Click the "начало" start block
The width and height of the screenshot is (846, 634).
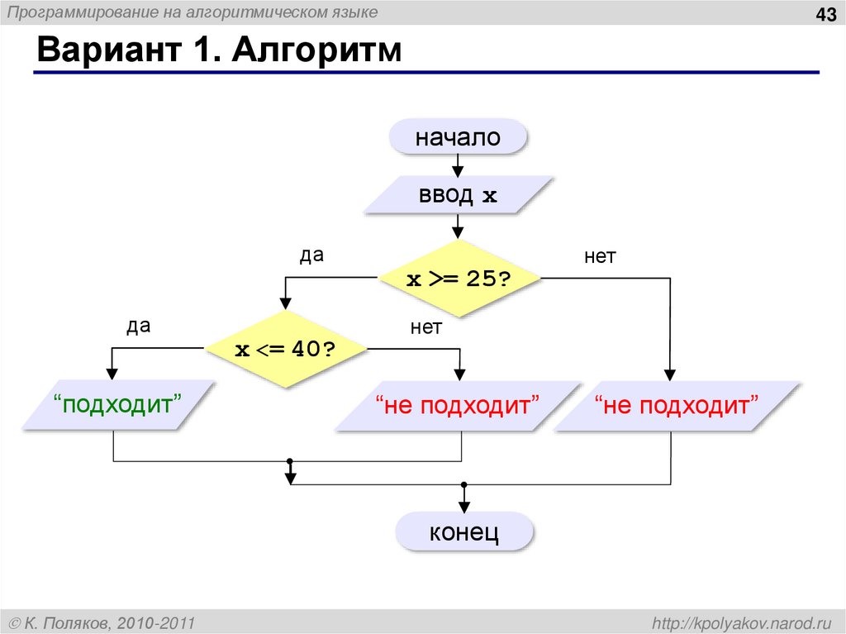458,137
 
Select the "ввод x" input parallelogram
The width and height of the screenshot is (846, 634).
458,197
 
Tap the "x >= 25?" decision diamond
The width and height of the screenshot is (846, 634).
458,279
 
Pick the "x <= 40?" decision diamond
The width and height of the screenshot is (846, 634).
285,349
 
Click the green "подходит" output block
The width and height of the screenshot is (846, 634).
117,406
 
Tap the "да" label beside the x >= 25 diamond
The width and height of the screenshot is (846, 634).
311,255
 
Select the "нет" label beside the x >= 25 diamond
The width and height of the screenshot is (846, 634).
601,257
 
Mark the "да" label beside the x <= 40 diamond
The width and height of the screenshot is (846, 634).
138,326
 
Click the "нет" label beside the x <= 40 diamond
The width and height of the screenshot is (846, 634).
426,327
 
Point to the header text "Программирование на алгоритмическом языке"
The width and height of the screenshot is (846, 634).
193,12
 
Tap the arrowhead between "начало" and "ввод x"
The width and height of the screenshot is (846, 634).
458,169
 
